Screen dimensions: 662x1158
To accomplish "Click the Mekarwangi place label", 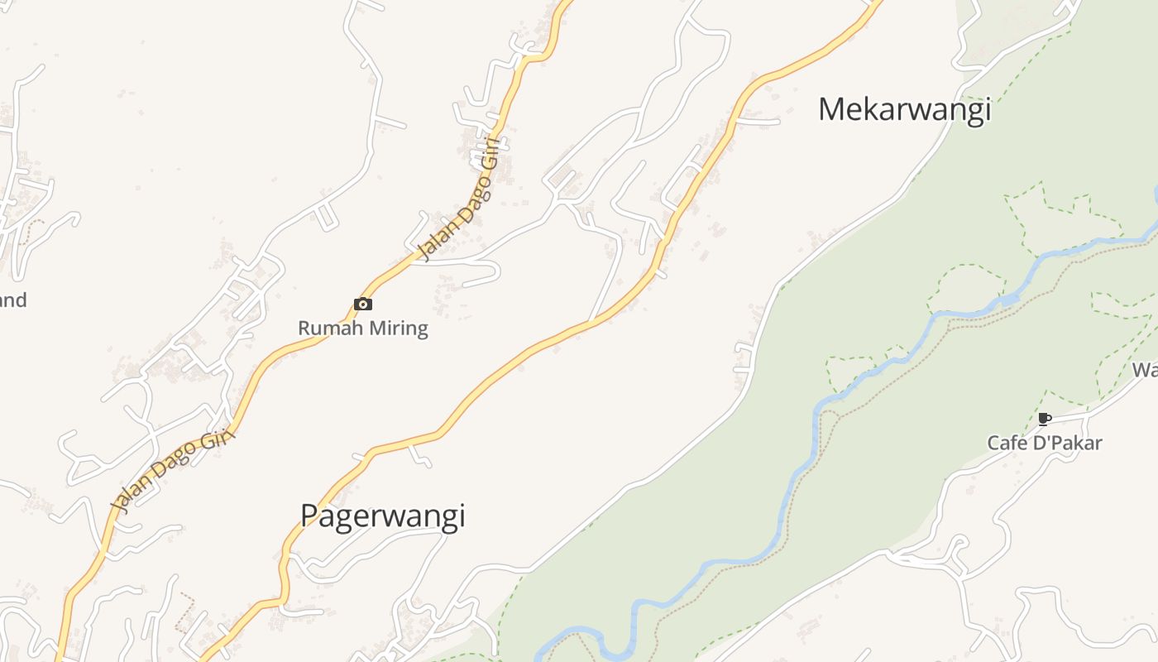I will [904, 109].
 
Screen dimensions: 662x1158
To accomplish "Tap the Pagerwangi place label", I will [382, 516].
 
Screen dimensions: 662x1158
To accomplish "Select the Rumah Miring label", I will [363, 328].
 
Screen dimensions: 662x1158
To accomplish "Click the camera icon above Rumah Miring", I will [362, 304].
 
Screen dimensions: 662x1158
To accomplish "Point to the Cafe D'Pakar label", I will [1045, 443].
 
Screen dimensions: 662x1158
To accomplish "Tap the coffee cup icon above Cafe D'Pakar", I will [1044, 419].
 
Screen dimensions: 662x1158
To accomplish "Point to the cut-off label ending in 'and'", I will [12, 300].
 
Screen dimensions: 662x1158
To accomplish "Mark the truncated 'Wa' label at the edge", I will [1146, 369].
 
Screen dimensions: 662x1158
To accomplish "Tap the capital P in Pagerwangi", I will [309, 516].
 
